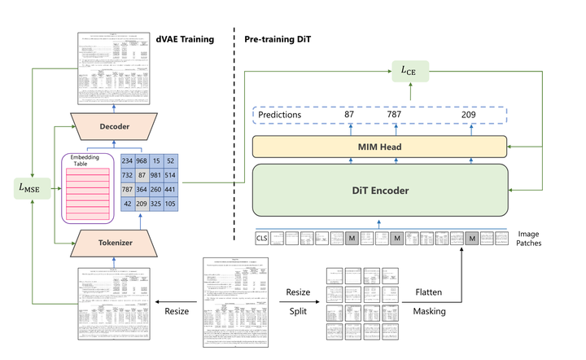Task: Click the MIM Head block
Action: click(380, 146)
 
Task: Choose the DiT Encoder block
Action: click(380, 191)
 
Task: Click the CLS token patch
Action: click(261, 239)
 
